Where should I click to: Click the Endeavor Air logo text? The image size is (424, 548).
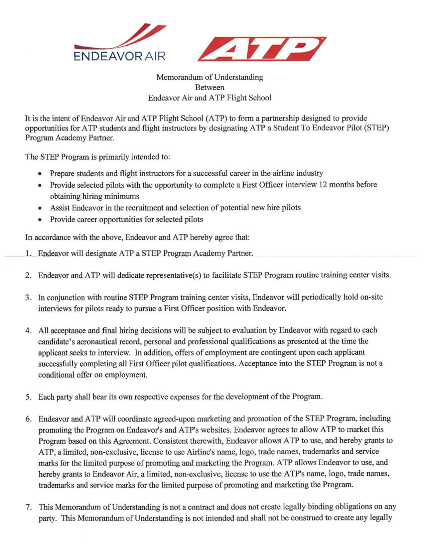tap(119, 56)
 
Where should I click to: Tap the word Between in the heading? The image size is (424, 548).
tap(210, 88)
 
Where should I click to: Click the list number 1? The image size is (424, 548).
tap(28, 254)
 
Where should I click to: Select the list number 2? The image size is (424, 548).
tap(28, 275)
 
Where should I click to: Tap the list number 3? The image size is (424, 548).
tap(28, 297)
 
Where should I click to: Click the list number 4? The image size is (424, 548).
tap(28, 330)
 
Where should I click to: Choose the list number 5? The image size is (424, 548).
tap(28, 397)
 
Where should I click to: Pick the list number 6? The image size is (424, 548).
tap(28, 419)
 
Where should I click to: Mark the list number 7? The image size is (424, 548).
tap(28, 507)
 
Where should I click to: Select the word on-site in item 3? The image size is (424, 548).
tap(371, 297)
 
